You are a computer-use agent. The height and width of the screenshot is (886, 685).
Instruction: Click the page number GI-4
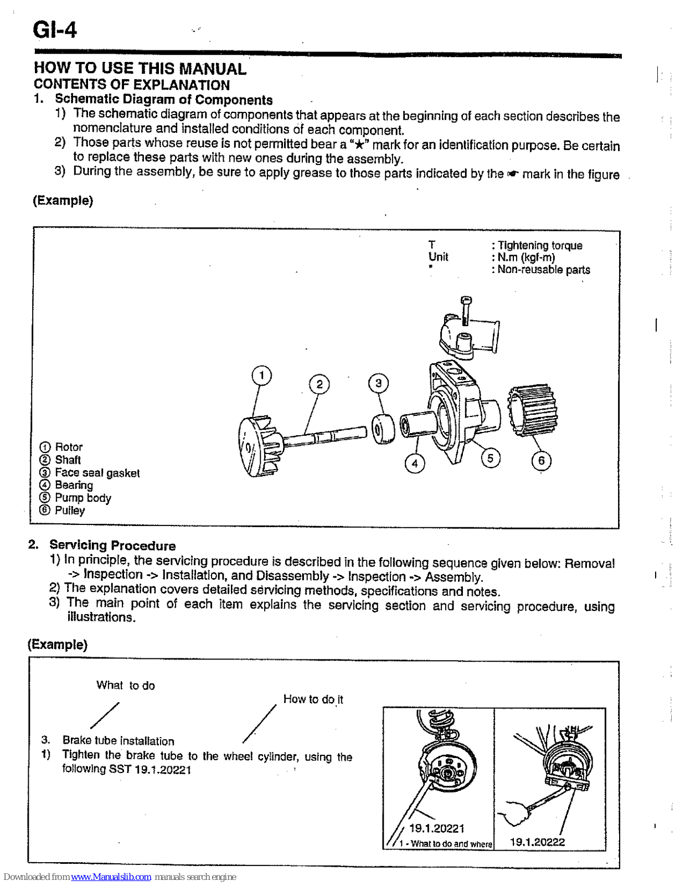point(54,30)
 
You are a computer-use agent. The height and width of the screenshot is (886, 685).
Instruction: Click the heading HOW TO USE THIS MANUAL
point(140,69)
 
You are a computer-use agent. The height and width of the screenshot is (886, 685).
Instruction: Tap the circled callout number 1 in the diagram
point(261,376)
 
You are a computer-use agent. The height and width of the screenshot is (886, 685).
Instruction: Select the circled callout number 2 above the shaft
point(319,384)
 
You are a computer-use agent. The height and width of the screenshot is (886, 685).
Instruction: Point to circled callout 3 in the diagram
point(378,383)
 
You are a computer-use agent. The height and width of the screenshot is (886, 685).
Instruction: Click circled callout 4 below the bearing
point(415,463)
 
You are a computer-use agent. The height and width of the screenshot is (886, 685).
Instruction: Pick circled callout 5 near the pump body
point(490,459)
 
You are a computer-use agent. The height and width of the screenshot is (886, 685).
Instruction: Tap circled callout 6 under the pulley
point(541,461)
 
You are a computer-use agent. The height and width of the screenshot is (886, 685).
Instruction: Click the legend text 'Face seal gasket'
point(97,473)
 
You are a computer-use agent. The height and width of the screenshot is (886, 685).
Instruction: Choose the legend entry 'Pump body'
point(83,498)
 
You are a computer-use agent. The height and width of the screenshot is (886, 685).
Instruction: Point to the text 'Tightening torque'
point(540,245)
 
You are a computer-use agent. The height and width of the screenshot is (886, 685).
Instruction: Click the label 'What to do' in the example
point(126,686)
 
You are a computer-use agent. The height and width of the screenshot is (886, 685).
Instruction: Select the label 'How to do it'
point(313,699)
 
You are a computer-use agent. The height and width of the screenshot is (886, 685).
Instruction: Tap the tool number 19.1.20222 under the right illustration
point(537,842)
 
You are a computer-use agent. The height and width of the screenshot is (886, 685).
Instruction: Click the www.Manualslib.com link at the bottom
point(111,877)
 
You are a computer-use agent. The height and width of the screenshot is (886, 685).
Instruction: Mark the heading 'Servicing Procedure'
point(112,545)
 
